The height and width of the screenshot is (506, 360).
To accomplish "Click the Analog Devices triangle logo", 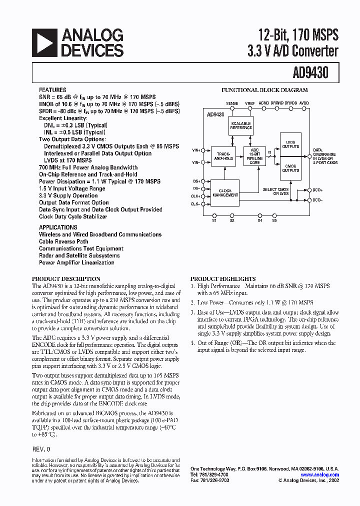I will pyautogui.click(x=43, y=42).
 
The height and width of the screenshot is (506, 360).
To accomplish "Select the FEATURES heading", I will pyautogui.click(x=52, y=90).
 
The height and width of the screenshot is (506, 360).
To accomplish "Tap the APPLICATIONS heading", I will pyautogui.click(x=58, y=227).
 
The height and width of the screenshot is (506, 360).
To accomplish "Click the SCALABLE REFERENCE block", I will pyautogui.click(x=240, y=125).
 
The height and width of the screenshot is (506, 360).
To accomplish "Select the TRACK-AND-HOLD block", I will pyautogui.click(x=222, y=155).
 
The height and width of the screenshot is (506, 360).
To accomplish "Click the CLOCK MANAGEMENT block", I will pyautogui.click(x=225, y=192).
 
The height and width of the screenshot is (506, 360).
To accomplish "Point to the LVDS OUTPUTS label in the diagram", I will pyautogui.click(x=290, y=144).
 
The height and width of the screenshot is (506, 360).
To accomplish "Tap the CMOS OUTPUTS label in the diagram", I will pyautogui.click(x=290, y=168).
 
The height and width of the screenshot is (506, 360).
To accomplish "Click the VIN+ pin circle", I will pyautogui.click(x=202, y=149).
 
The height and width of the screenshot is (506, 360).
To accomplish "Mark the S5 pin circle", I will pyautogui.click(x=274, y=215).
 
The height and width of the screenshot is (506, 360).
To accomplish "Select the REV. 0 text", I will pyautogui.click(x=40, y=449).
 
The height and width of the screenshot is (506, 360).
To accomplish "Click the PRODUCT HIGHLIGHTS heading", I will pyautogui.click(x=222, y=279).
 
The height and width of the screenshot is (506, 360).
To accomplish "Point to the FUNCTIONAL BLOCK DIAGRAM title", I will pyautogui.click(x=264, y=90).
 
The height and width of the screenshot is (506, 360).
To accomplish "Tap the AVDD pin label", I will pyautogui.click(x=304, y=103).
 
